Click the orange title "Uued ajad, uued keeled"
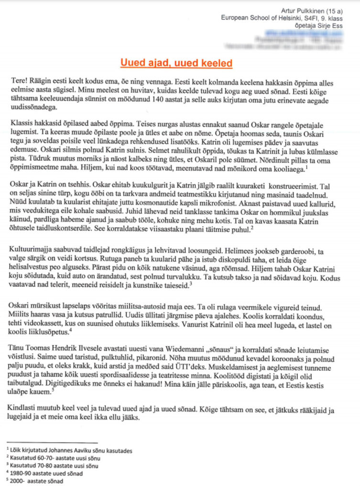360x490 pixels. [x=176, y=63]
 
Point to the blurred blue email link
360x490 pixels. [x=304, y=33]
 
